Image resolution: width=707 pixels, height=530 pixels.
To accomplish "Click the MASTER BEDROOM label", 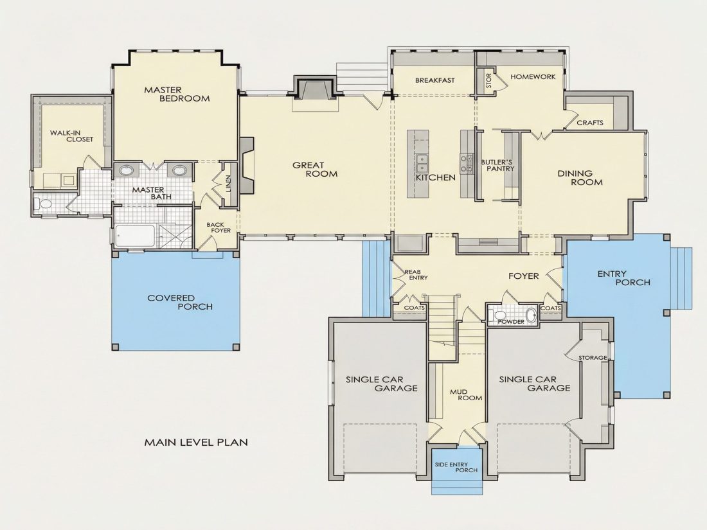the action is click(177, 94).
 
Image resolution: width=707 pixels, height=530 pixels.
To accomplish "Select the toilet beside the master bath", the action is click(44, 204).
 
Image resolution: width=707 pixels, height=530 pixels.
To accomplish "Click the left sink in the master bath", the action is click(126, 170).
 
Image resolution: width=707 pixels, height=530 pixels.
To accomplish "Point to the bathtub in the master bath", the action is click(135, 236).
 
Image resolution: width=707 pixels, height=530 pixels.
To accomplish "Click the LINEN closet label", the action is click(228, 184).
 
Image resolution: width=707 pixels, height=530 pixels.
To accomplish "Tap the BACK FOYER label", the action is click(219, 227).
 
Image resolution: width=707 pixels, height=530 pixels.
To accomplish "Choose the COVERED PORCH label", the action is click(180, 303).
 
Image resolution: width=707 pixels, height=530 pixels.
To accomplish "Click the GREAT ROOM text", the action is click(315, 170).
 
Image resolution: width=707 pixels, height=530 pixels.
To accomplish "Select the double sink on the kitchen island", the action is click(422, 163).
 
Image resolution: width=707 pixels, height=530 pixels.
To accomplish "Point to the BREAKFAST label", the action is click(434, 80).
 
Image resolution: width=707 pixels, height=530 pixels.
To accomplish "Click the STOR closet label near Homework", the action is click(488, 81).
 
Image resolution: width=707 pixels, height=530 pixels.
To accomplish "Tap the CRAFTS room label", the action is click(590, 123).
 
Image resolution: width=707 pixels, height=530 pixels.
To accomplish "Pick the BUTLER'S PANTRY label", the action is click(497, 165).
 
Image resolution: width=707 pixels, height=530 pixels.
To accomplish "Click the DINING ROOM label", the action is click(580, 178).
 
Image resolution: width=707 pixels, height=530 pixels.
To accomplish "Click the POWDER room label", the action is click(511, 322).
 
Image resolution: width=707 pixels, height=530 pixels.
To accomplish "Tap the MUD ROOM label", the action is click(466, 395).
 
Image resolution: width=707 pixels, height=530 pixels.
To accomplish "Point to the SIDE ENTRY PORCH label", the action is click(456, 467).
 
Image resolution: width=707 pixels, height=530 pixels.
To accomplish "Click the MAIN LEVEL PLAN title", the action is click(196, 442).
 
